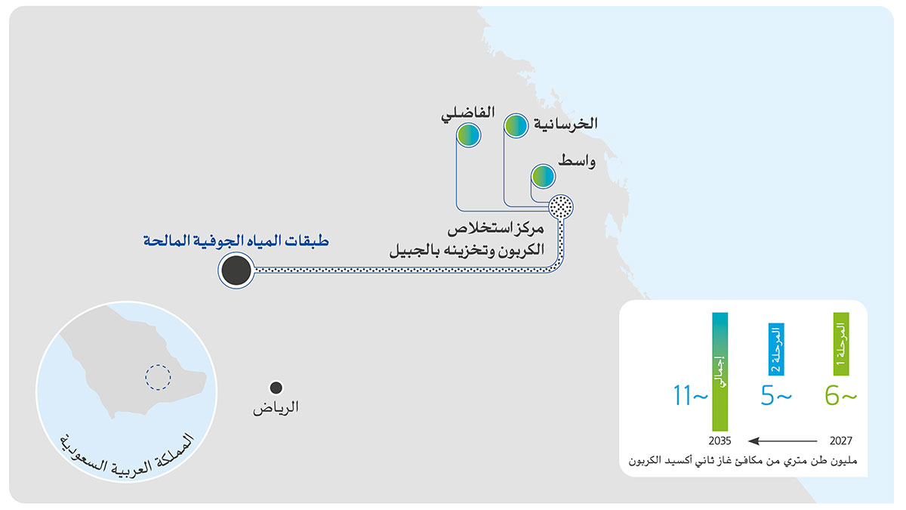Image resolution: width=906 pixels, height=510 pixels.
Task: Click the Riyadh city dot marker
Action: coord(276,388)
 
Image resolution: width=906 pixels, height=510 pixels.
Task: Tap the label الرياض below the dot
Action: coord(276,407)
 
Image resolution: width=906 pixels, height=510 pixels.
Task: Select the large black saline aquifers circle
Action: coord(236,270)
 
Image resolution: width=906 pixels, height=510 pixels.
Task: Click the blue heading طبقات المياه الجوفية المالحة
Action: coord(236,240)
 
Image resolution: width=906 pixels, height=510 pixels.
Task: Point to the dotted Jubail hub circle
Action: coord(560,207)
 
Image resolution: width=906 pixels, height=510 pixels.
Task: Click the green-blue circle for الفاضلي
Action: coord(468,135)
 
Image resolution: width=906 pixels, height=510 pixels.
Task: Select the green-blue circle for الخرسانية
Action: coord(516,126)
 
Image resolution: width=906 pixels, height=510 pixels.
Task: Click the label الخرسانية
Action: coord(565,123)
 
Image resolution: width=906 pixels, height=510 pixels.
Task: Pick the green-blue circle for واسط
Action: coord(543,177)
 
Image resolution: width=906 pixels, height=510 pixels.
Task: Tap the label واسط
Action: coord(577,161)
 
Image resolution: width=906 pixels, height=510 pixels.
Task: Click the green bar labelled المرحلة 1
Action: coord(841,344)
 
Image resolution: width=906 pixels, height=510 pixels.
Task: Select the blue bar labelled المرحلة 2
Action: coord(776,349)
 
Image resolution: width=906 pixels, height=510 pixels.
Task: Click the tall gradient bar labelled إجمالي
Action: coord(720,372)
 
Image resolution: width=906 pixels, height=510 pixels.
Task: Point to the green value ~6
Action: coord(841,396)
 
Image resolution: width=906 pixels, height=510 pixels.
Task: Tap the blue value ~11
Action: coord(690,395)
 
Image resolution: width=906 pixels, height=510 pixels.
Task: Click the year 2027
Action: coord(841,440)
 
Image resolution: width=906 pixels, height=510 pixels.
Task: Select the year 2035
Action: coord(720,440)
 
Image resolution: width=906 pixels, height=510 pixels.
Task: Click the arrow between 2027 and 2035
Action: coord(782,440)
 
